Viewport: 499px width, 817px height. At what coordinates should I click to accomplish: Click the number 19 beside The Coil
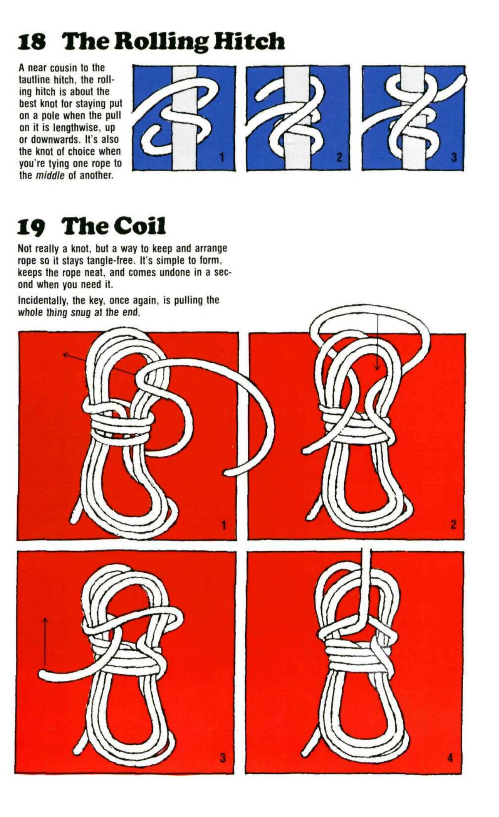pos(31,227)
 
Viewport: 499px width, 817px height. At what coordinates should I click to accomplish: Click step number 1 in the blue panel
pos(222,157)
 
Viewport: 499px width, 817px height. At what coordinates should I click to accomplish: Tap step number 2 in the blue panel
pos(339,157)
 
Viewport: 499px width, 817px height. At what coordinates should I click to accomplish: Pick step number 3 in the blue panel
pos(454,157)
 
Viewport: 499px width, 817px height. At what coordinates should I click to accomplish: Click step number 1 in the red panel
pos(224,525)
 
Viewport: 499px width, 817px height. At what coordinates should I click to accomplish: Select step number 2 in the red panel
pos(453,525)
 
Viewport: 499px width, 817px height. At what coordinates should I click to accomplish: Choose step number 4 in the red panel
pos(450,758)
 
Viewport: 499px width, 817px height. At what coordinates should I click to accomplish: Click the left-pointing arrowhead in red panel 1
pos(65,354)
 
